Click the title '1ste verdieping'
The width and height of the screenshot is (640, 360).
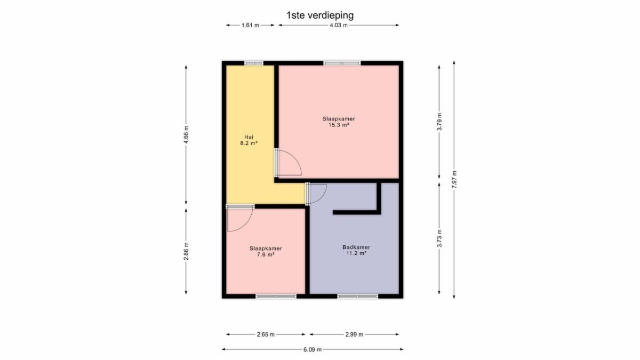320,15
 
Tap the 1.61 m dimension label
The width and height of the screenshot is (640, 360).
250,25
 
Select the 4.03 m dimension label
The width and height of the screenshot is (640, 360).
339,25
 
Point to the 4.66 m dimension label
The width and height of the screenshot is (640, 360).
186,135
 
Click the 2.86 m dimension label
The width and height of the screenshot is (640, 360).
186,251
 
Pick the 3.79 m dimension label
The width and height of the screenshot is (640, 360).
439,122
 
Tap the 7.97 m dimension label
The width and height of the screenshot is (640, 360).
454,179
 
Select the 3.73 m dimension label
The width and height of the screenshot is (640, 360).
439,238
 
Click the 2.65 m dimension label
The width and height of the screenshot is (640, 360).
266,334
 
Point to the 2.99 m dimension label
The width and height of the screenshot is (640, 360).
354,334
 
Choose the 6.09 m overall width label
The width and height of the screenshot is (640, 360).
313,349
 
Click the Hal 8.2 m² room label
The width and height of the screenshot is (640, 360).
249,140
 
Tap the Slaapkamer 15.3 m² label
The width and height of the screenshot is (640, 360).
339,122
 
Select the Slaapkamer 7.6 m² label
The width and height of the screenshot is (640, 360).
266,251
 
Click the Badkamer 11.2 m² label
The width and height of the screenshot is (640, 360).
356,250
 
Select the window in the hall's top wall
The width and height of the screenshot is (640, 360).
254,63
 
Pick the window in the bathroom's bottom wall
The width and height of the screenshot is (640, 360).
358,297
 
